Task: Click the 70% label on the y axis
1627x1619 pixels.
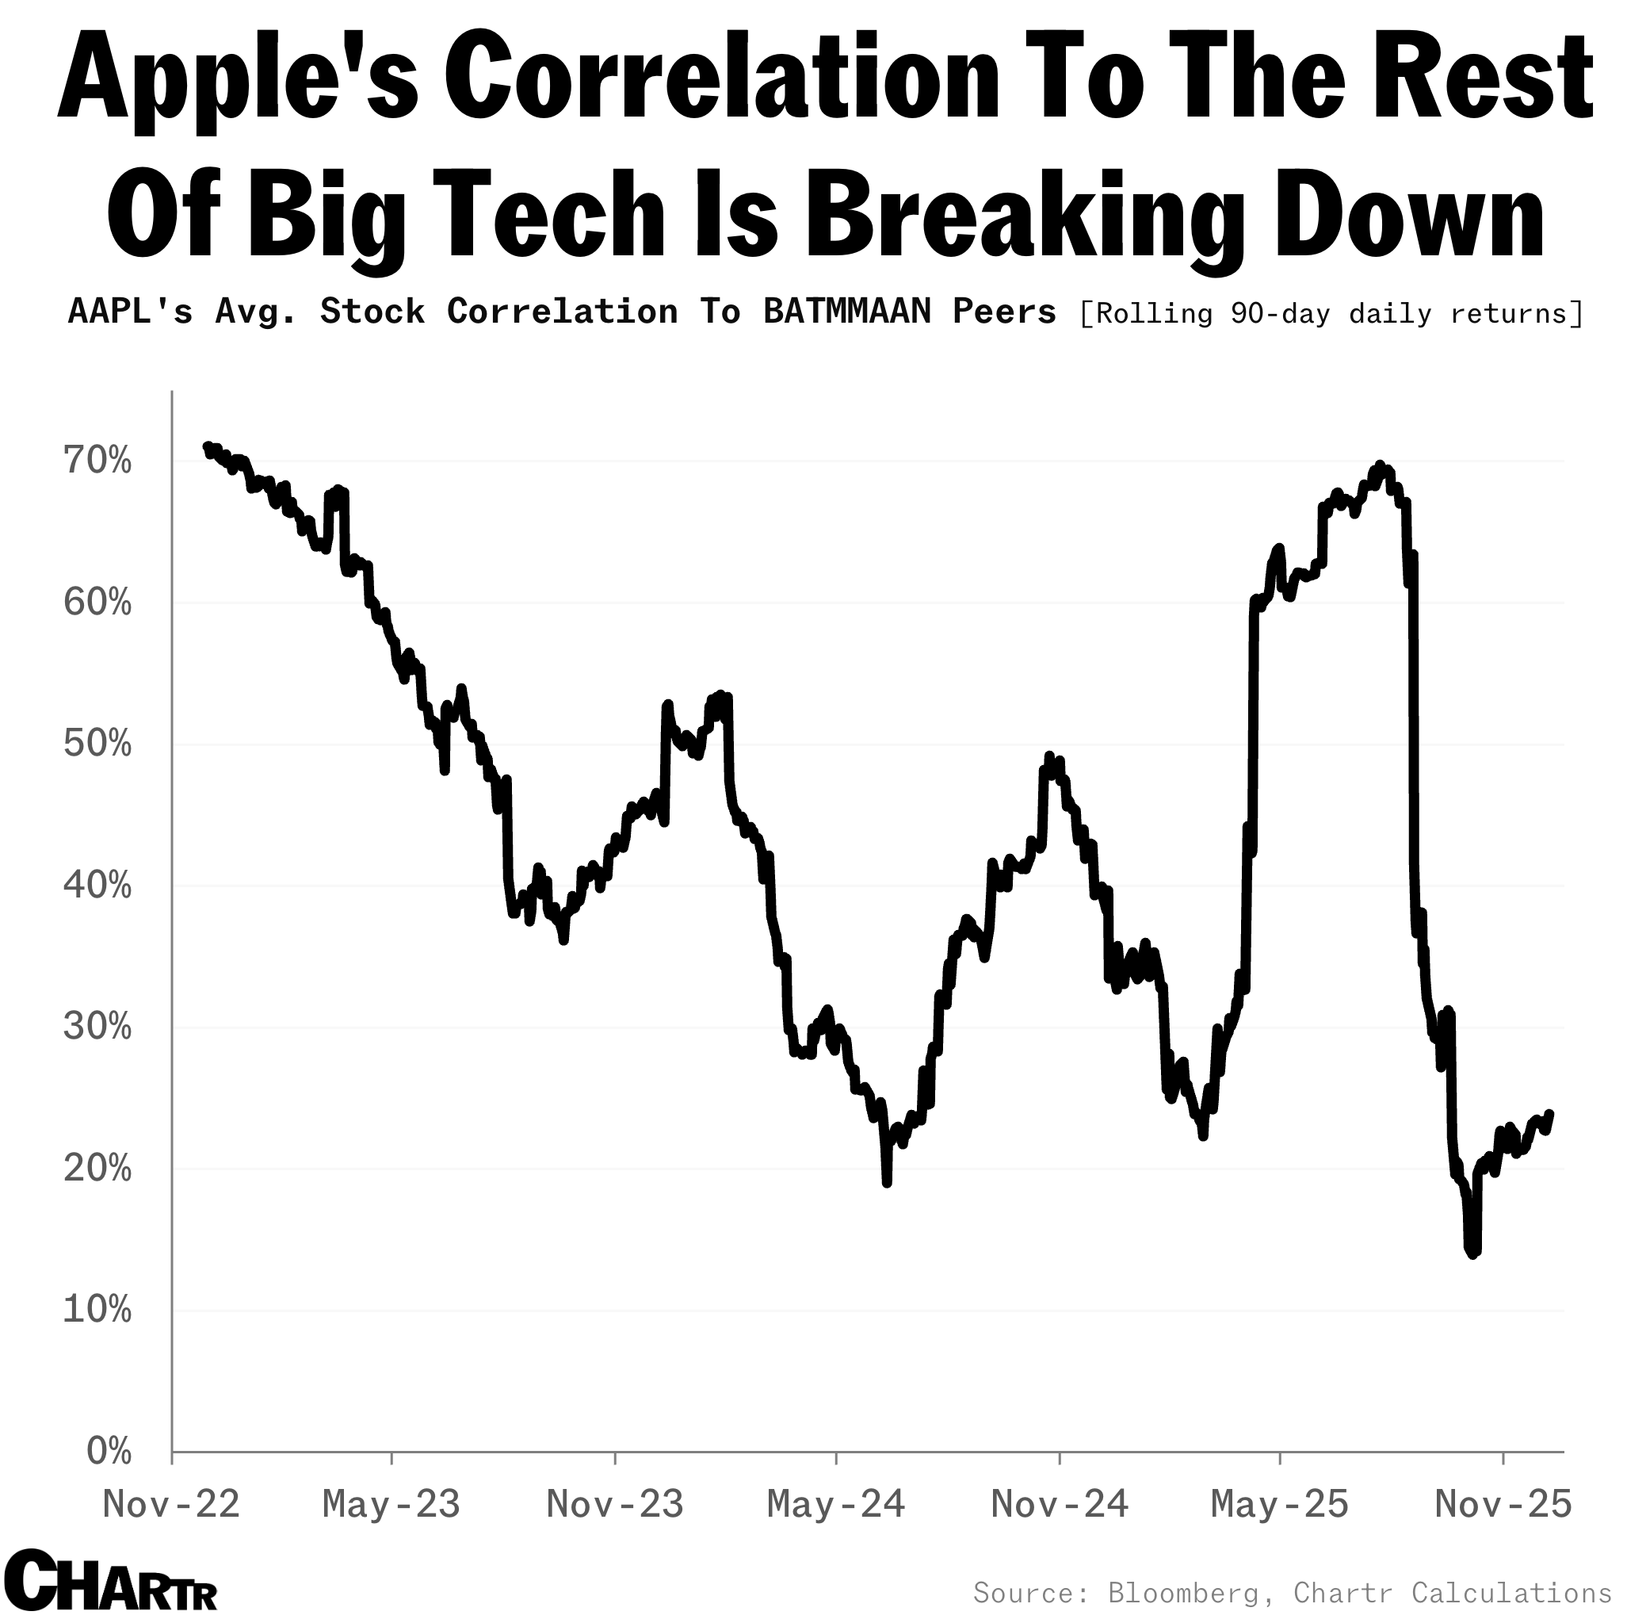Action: tap(97, 461)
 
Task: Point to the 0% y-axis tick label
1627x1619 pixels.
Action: tap(109, 1451)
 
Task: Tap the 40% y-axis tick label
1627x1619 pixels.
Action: tap(97, 886)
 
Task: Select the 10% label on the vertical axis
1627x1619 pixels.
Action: tap(97, 1310)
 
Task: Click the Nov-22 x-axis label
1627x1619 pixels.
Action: tap(171, 1503)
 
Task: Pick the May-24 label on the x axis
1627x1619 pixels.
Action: tap(835, 1503)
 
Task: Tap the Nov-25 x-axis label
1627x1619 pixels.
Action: tap(1503, 1503)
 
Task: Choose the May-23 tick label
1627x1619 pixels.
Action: tap(391, 1503)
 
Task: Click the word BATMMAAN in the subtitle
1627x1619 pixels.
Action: tap(847, 312)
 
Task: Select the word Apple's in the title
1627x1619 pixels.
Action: tap(238, 80)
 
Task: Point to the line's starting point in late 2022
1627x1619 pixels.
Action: tap(207, 446)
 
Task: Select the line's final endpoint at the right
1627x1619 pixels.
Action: tap(1550, 1114)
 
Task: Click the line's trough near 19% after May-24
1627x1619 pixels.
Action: tap(887, 1184)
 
